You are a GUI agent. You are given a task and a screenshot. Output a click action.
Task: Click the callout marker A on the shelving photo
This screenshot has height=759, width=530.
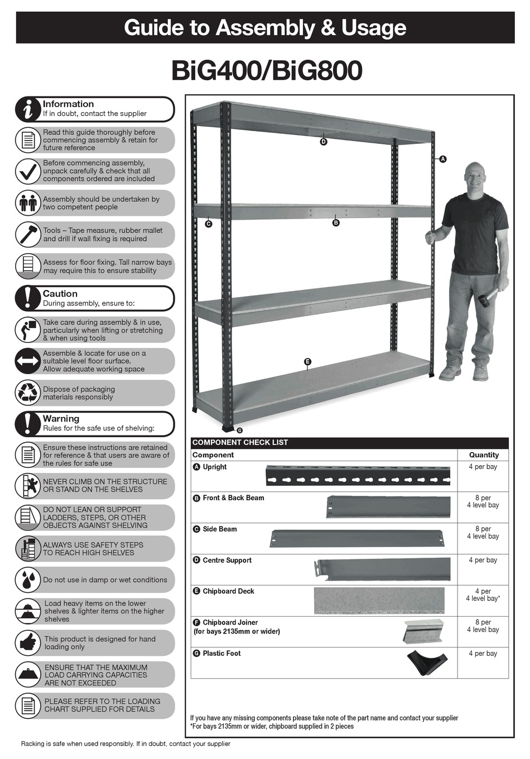pos(443,159)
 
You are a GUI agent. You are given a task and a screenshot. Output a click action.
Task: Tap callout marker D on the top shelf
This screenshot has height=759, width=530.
pos(324,142)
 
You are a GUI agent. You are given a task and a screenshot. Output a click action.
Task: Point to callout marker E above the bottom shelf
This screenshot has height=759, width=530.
pos(307,362)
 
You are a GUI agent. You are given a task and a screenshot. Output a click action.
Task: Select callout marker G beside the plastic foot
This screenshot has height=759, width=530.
pos(239,431)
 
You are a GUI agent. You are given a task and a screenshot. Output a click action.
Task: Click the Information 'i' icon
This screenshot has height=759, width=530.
pos(27,109)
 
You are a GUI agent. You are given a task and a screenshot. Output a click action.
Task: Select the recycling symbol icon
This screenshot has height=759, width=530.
pos(27,393)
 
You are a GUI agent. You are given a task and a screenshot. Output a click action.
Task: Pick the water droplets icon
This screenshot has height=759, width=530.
pos(27,580)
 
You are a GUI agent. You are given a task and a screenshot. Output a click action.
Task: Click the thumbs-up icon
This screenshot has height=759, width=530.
pos(27,643)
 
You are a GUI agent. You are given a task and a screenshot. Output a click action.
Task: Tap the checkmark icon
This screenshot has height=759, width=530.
pos(27,171)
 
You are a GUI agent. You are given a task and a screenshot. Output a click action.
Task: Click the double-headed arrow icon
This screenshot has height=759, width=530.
pos(27,361)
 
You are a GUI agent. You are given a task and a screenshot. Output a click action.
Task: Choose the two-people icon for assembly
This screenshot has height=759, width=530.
pos(27,203)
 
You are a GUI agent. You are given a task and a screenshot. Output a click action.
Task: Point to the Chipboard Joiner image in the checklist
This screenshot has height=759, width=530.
pos(423,631)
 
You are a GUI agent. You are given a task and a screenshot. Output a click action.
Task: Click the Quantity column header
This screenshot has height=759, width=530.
pos(483,455)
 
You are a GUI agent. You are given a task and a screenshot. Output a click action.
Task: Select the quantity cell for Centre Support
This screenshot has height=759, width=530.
pos(483,560)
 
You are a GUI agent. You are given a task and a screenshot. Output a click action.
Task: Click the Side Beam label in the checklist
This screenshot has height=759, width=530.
pos(219,529)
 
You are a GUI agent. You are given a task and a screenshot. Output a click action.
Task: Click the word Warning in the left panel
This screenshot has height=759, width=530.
pos(61,419)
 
